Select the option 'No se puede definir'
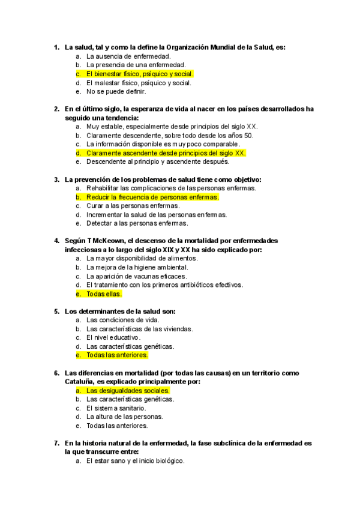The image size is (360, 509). point(116,92)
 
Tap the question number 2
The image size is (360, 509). point(56,109)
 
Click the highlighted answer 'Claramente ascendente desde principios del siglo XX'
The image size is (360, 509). point(166,153)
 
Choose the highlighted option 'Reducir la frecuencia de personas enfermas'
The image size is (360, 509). point(152,197)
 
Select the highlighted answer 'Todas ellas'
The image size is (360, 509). point(104,294)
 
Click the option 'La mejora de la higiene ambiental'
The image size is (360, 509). point(137,267)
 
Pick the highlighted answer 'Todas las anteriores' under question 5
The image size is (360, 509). point(117,355)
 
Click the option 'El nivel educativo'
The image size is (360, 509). point(113,337)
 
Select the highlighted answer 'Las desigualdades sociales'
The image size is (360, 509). point(128,390)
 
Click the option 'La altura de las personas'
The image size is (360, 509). point(124,417)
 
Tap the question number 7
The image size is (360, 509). point(56,444)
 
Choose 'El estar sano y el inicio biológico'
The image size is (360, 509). point(135,461)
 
